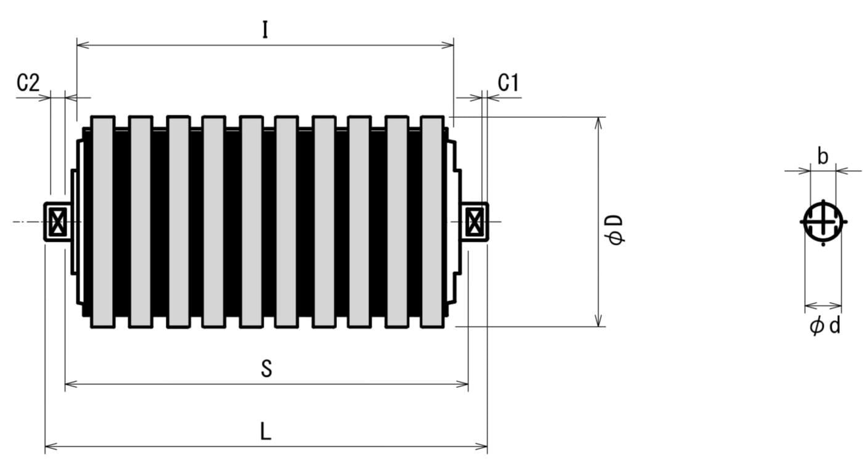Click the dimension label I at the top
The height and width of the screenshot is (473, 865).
click(x=265, y=30)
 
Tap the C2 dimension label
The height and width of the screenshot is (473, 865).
click(x=28, y=83)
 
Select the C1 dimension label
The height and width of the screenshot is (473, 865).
click(x=508, y=82)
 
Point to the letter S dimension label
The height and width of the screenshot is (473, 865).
click(x=266, y=368)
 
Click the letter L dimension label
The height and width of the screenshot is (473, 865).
click(x=266, y=431)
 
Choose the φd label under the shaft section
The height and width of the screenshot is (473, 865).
click(x=825, y=326)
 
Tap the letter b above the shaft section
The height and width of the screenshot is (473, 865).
click(x=822, y=157)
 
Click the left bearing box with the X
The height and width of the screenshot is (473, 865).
click(x=57, y=221)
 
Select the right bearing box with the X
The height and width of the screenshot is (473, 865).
click(x=474, y=221)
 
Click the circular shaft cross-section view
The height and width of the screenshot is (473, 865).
click(x=823, y=222)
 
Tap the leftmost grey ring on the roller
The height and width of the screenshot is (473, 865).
click(x=103, y=222)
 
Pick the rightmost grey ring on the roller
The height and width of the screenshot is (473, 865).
click(x=432, y=222)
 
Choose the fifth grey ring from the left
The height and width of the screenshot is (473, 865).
click(x=251, y=222)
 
